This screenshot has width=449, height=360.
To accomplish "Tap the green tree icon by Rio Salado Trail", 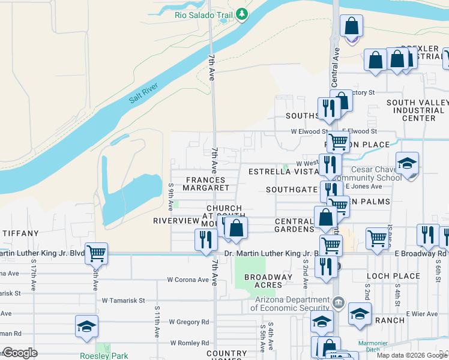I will pyautogui.click(x=241, y=13).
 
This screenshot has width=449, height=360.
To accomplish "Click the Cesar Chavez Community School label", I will pyautogui.click(x=377, y=173).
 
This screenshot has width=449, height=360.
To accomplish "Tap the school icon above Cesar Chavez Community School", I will pyautogui.click(x=407, y=163).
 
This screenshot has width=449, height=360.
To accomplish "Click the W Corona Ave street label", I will pyautogui.click(x=188, y=280).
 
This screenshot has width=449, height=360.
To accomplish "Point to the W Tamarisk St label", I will pyautogui.click(x=123, y=300).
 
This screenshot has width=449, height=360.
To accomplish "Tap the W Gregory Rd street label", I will pyautogui.click(x=188, y=322).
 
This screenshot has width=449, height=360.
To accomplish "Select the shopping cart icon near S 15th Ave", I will pyautogui.click(x=96, y=253).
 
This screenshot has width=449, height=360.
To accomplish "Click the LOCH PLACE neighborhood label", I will pyautogui.click(x=393, y=276).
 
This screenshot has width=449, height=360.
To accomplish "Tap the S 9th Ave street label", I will pyautogui.click(x=171, y=197).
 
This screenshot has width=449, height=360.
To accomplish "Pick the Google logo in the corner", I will pyautogui.click(x=20, y=353).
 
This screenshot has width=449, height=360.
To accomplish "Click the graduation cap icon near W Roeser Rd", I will pyautogui.click(x=86, y=326).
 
